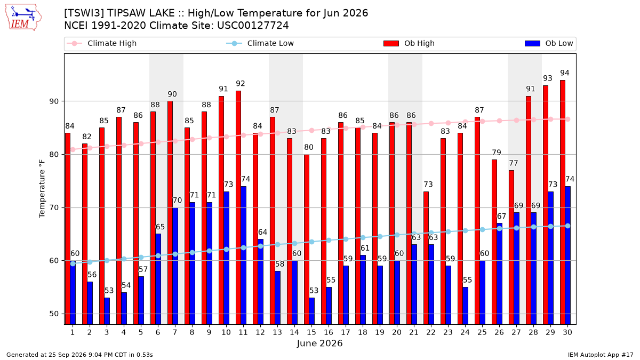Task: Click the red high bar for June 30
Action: pos(563,202)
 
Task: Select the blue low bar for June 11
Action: pos(243,255)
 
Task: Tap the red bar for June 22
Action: pos(426,258)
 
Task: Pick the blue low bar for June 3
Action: pos(107,311)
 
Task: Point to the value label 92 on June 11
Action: pos(241,84)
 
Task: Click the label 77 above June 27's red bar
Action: pos(514,163)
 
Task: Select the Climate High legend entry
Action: pos(101,43)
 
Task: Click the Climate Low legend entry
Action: pos(260,43)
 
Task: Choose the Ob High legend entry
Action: pos(409,43)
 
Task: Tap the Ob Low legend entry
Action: pos(549,43)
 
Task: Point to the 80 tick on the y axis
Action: pos(54,155)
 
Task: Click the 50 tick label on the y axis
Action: pos(54,314)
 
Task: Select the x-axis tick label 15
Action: pos(311,333)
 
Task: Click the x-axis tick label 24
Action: pos(465,333)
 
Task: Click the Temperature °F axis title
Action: pos(42,189)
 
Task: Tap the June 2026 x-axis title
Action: pos(319,343)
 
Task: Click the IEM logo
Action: pos(23,18)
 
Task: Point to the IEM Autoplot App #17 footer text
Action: pos(601,355)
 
